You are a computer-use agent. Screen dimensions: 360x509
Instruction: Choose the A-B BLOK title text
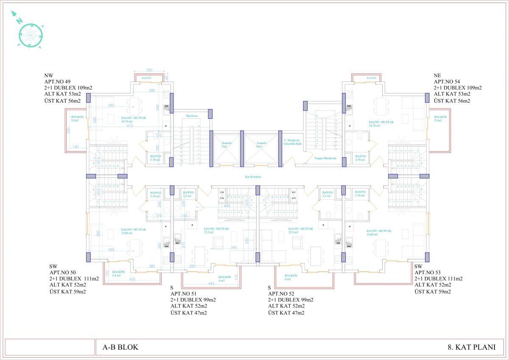(x=120, y=347)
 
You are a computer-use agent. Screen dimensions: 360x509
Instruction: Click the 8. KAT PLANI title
(x=471, y=347)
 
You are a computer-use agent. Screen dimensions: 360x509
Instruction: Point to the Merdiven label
(x=192, y=116)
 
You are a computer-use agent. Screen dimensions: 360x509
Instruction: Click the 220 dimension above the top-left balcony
(x=149, y=70)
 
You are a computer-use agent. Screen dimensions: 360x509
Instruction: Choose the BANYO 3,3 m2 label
(x=328, y=194)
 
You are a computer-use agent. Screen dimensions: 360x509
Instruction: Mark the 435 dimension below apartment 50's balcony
(x=133, y=279)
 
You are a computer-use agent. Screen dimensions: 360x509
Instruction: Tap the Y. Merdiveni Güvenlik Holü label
(x=292, y=142)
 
